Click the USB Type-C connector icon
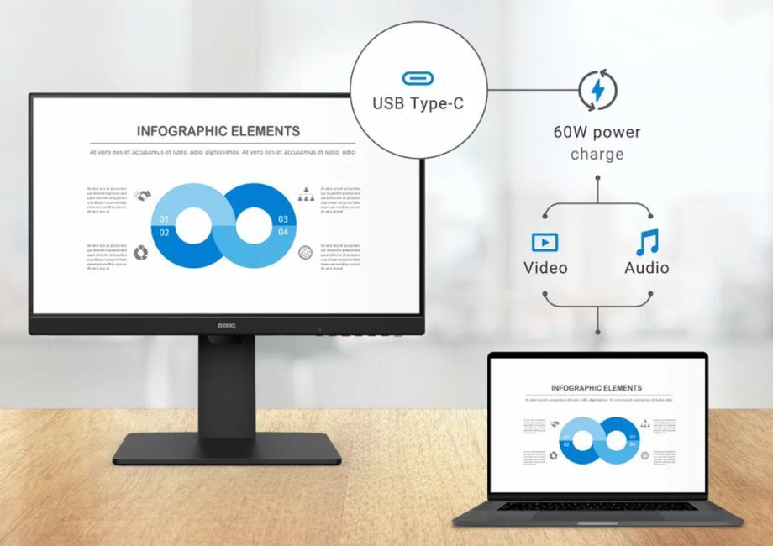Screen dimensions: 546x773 (x=418, y=78)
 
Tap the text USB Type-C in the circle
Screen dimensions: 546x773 (x=418, y=104)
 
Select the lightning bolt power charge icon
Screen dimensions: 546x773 (x=597, y=90)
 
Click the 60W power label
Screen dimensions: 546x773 (x=597, y=132)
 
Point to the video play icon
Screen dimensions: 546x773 (x=544, y=243)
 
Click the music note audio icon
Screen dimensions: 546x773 (x=646, y=242)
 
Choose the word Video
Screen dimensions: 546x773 (x=545, y=268)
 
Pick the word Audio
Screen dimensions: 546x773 (x=646, y=268)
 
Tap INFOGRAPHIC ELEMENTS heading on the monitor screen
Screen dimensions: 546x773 (x=218, y=131)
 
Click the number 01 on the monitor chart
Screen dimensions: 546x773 (x=164, y=220)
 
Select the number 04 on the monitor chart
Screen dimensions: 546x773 (x=283, y=232)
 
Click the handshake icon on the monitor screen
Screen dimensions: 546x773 (x=141, y=195)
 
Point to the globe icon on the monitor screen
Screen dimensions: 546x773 (x=305, y=251)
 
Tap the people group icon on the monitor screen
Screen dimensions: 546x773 (x=305, y=195)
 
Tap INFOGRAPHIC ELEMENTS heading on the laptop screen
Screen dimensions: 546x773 (x=597, y=388)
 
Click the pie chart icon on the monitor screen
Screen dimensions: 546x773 (x=141, y=251)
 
